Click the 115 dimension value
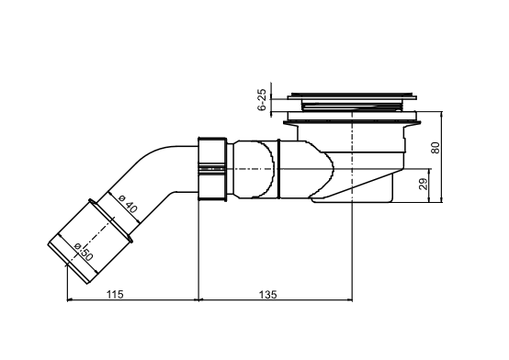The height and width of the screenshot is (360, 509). click(116, 294)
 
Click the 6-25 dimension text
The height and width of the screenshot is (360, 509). click(262, 100)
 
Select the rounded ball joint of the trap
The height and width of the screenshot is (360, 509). click(260, 168)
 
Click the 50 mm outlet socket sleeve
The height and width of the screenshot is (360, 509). click(90, 236)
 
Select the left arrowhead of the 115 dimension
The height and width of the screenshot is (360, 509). click(72, 300)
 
